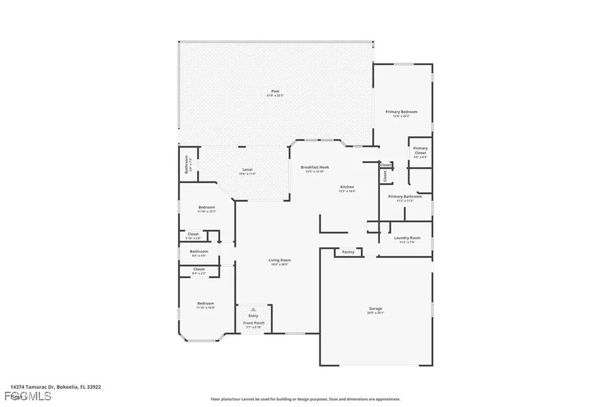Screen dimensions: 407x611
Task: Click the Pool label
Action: [x=275, y=91]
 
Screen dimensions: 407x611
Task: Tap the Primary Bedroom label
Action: [x=401, y=112]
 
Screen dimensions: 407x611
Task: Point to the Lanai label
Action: [x=246, y=169]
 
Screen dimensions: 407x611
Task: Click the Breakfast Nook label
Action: [x=314, y=167]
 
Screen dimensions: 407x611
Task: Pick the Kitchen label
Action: [x=347, y=187]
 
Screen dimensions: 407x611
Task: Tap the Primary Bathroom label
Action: [x=405, y=196]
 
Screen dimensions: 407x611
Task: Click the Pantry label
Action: [x=348, y=252]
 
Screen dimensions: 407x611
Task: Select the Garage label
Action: [x=375, y=309]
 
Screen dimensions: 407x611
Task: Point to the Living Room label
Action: [x=279, y=260]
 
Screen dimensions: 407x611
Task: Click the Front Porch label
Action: [x=254, y=323]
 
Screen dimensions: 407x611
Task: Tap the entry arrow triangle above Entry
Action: [x=254, y=309]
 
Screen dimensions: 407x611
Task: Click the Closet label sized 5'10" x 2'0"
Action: [x=193, y=234]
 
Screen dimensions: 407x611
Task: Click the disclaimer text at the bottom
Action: [x=305, y=399]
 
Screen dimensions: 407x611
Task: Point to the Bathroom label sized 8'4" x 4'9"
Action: [x=199, y=251]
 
